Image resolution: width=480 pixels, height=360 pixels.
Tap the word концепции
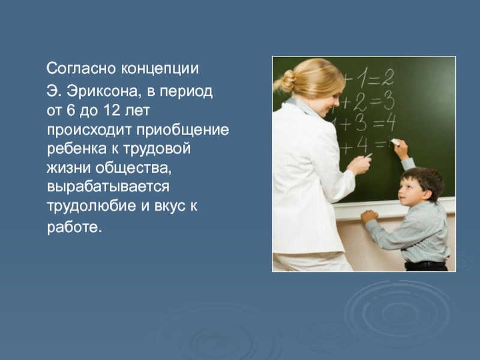point(160,69)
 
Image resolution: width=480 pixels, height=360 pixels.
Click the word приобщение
point(182,130)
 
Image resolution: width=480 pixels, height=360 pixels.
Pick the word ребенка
point(77,149)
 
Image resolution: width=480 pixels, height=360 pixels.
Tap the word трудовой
point(157,149)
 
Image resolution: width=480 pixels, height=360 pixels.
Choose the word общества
point(133,168)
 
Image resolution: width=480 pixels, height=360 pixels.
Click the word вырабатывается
point(108,187)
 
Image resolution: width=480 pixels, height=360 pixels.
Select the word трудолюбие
point(91,206)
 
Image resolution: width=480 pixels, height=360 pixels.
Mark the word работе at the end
point(74,227)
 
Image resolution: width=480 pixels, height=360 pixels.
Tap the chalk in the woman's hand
point(368,155)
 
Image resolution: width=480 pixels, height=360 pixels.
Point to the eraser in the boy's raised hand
point(395,142)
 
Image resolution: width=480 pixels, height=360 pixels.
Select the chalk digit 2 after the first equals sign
point(387,77)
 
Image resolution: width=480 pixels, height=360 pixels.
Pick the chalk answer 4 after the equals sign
point(391,122)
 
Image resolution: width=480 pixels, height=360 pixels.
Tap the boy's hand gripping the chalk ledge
point(370,216)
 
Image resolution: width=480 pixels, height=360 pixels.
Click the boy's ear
point(426,194)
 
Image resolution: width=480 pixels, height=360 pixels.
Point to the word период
point(186,92)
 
